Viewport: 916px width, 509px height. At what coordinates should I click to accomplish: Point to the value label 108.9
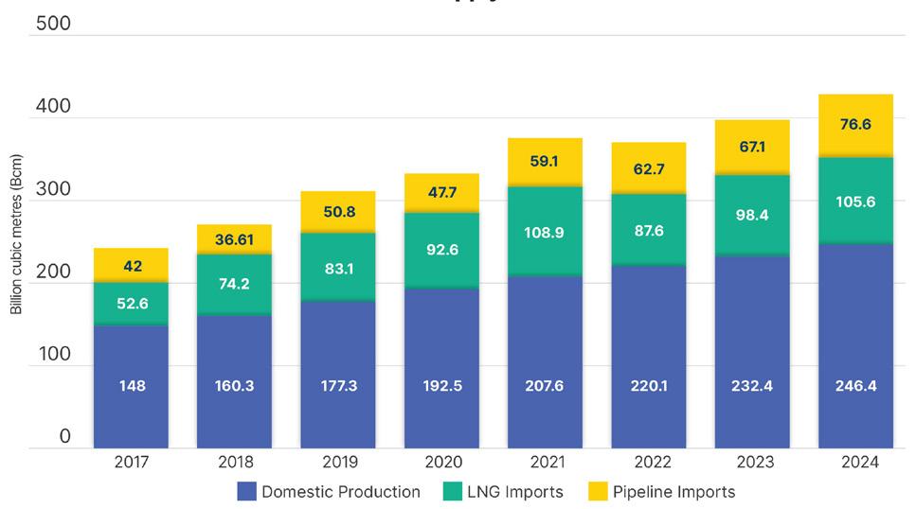[545, 232]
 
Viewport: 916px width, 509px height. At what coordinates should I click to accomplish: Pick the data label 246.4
[855, 386]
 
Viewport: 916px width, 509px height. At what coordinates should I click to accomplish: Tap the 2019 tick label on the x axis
[338, 463]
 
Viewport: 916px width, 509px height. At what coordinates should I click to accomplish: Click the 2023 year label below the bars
[752, 463]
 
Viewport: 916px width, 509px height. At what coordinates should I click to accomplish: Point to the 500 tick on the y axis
[53, 24]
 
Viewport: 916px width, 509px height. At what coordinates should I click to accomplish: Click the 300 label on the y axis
[53, 188]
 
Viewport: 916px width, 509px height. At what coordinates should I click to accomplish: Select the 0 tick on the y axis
[64, 436]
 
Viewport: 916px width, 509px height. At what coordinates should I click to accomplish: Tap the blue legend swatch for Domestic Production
[246, 491]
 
